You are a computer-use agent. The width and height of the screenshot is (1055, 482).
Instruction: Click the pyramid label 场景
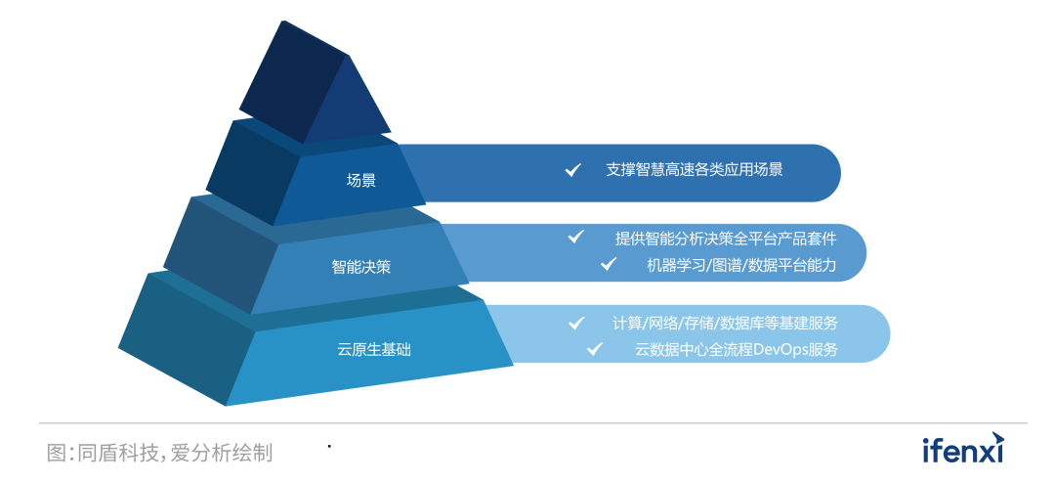[x=360, y=181]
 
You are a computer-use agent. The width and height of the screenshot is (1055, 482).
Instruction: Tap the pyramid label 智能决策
[x=360, y=266]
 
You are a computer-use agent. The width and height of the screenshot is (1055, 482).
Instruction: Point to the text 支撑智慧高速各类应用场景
[x=694, y=170]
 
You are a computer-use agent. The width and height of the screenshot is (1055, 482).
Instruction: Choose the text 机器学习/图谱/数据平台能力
[x=741, y=264]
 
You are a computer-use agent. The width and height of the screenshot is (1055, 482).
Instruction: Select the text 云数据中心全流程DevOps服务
[x=737, y=349]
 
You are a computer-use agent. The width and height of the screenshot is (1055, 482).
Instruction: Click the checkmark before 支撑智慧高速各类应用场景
[x=573, y=170]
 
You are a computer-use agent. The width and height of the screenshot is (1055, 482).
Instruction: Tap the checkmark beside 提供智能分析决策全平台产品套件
[x=576, y=237]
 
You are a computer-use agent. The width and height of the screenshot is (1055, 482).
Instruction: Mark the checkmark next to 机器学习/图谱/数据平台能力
[x=609, y=264]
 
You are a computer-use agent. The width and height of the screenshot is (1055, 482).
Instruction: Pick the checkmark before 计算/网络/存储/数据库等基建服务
[x=577, y=322]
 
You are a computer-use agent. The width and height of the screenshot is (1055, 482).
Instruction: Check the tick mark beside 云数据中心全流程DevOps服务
[x=594, y=348]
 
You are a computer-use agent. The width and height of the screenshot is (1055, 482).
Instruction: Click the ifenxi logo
[x=962, y=450]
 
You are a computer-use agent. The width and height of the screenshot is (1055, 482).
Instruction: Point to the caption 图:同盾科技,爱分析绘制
[x=159, y=453]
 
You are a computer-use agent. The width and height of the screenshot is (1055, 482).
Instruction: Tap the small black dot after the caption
[x=329, y=447]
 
